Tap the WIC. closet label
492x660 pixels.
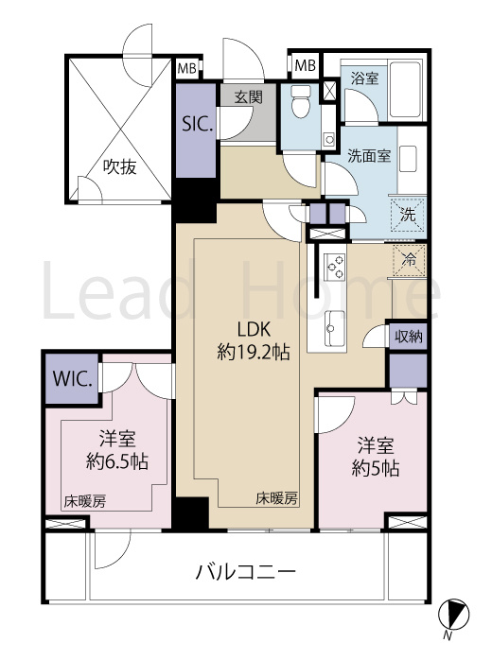pyautogui.click(x=72, y=381)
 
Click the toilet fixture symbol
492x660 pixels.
pyautogui.click(x=301, y=101)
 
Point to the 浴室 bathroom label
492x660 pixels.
pyautogui.click(x=365, y=78)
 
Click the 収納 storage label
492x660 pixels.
pyautogui.click(x=409, y=336)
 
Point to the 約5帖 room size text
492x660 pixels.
pyautogui.click(x=377, y=468)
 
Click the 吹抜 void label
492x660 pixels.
pyautogui.click(x=120, y=167)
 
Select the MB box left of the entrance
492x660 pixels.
pyautogui.click(x=187, y=68)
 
